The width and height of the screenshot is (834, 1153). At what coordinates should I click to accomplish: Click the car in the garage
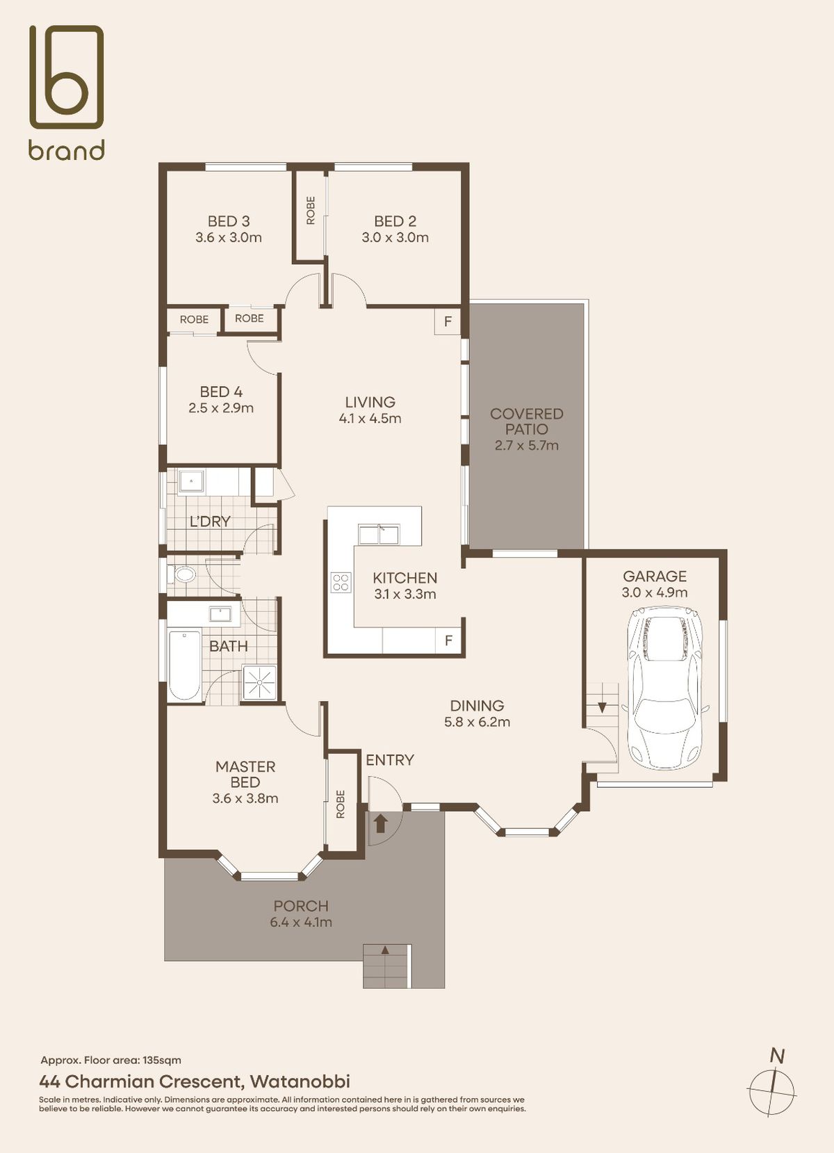click(664, 688)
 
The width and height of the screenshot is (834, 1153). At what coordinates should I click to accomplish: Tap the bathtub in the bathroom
click(184, 666)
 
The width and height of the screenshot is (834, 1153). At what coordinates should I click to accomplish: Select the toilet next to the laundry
click(182, 574)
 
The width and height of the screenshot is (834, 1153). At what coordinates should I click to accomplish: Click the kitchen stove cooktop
click(341, 582)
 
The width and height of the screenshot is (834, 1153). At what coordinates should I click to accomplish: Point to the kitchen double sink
click(379, 534)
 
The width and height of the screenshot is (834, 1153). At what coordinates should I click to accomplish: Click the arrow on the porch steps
click(385, 950)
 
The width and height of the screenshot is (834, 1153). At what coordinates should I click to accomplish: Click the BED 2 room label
click(395, 221)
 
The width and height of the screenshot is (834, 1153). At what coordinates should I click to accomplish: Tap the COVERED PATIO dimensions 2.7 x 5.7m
click(526, 445)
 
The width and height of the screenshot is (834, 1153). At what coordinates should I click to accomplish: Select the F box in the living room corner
click(448, 322)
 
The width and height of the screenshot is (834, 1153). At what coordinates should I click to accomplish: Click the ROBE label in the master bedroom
click(340, 804)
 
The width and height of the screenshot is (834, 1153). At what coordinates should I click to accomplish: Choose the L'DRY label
click(210, 522)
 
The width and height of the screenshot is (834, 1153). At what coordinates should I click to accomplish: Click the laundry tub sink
click(191, 482)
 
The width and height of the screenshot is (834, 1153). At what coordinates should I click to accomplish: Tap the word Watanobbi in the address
click(300, 1081)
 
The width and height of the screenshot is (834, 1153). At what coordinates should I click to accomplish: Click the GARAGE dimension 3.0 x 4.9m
click(655, 592)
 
